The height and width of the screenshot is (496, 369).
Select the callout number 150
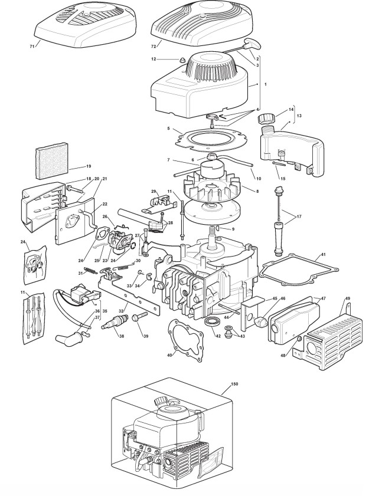click(x=234, y=384)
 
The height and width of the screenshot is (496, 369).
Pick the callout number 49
click(x=348, y=298)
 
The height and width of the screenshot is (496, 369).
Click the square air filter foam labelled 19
click(x=53, y=164)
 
